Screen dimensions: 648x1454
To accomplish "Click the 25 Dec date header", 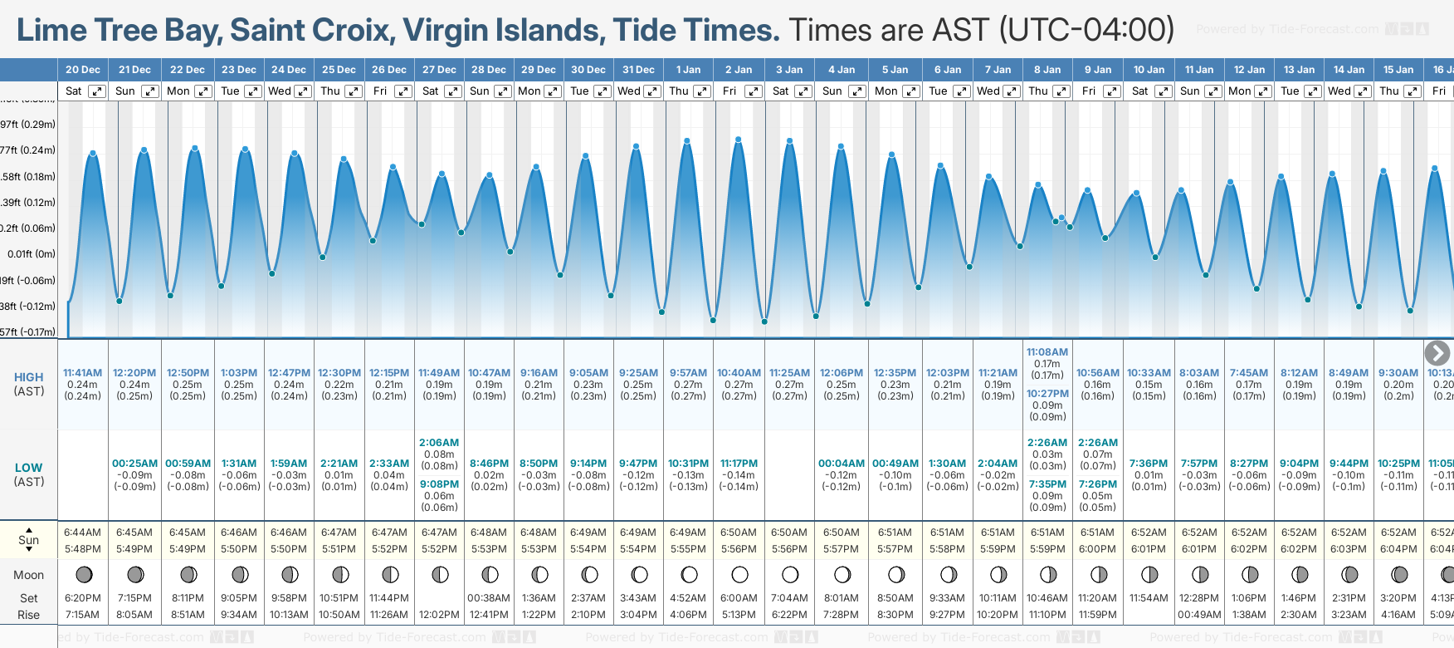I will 339,70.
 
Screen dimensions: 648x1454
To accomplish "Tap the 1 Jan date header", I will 688,70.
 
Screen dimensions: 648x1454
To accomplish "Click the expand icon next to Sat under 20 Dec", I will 97,91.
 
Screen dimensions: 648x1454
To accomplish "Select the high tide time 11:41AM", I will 82,373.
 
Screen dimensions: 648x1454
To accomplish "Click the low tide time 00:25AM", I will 134,464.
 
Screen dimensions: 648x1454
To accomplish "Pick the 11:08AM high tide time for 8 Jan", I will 1047,352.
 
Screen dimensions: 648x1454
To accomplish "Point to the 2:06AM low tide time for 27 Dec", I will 439,443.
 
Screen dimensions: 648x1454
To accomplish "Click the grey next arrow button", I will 1437,353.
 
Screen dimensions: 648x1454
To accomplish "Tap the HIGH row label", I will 28,377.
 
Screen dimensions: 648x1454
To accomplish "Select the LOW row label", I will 28,468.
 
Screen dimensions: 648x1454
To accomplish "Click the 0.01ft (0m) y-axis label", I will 31,254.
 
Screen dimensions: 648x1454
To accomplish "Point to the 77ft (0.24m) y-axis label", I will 28,150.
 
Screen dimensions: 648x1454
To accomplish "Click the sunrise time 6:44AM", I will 82,533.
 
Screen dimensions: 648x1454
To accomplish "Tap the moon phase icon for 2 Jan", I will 739,574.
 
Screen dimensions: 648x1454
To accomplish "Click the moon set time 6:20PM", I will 82,598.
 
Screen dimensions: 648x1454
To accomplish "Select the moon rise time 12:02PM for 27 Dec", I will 439,615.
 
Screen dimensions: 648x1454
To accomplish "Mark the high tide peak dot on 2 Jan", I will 738,140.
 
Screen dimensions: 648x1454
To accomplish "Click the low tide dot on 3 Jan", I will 764,322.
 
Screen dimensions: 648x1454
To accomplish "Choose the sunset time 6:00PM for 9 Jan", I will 1097,549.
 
